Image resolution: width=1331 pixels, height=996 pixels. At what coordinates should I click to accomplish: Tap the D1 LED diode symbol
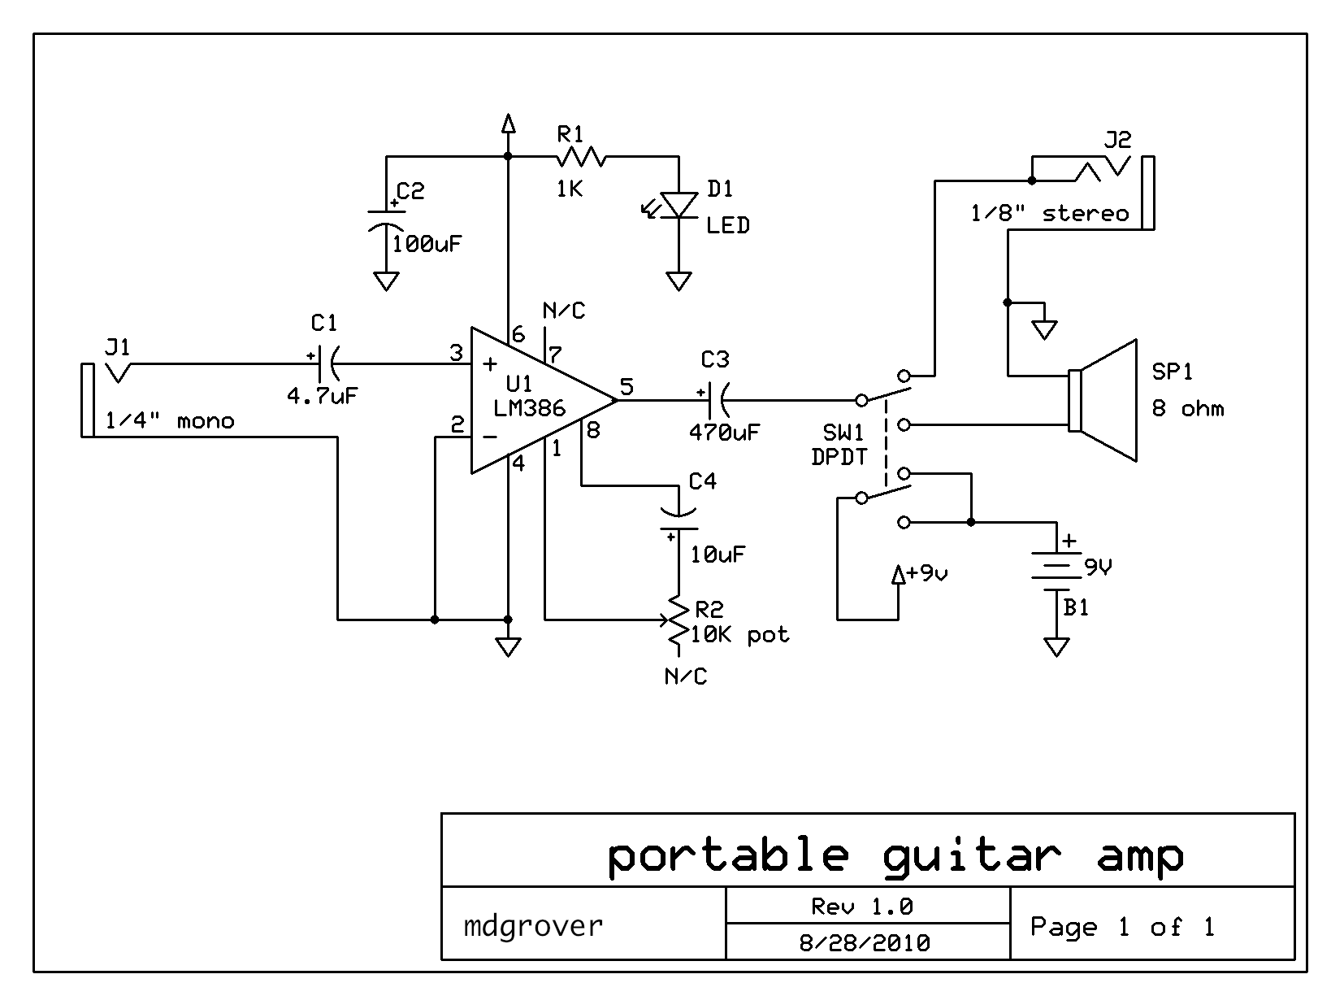pos(678,204)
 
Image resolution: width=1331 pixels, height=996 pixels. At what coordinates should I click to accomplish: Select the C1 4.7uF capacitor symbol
pos(324,363)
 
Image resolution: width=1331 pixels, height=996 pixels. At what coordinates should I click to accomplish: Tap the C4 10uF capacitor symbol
pos(678,520)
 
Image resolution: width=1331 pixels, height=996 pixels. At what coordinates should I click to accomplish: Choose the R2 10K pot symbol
pos(676,623)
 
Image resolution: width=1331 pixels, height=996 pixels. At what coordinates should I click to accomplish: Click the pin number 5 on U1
pos(626,386)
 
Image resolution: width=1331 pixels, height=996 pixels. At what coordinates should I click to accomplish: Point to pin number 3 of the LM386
pos(456,353)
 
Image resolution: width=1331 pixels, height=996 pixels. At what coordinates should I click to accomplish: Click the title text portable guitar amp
pos(895,855)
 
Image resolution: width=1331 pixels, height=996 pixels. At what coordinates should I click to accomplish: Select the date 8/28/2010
pos(865,943)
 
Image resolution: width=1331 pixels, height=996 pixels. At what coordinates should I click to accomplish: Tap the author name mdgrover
pos(533,925)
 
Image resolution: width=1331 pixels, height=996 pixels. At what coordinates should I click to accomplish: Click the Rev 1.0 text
pos(862,906)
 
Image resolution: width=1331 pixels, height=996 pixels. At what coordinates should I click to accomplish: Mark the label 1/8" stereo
pos(1050,214)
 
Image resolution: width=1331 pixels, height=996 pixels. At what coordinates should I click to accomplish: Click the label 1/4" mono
pos(170,421)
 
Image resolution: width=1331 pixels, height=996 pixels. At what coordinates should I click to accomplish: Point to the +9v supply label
pos(926,572)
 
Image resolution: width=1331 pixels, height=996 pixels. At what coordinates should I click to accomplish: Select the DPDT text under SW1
pos(839,457)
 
